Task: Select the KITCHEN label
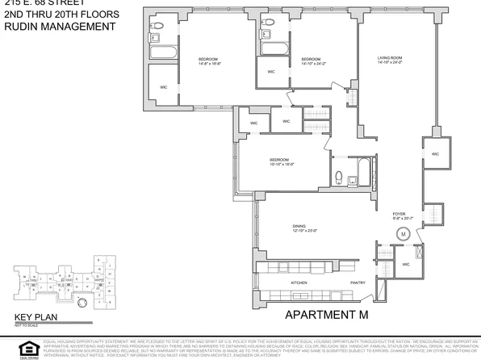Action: coord(299,283)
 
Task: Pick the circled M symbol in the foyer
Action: coord(401,234)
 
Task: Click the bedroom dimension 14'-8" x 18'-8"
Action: coord(211,63)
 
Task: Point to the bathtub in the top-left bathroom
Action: coord(161,53)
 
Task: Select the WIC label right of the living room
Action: coord(435,153)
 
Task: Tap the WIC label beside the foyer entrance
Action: coord(406,264)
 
